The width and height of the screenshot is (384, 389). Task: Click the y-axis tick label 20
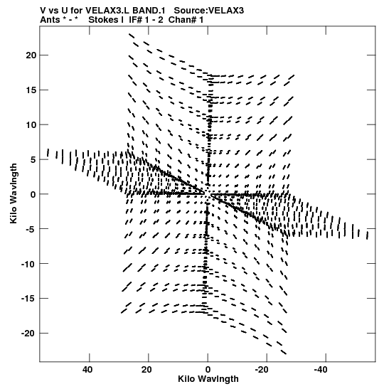tap(31, 55)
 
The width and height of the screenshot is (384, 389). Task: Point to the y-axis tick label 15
tap(31, 90)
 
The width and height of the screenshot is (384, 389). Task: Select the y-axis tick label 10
tap(31, 124)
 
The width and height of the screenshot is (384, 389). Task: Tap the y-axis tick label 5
tap(33, 159)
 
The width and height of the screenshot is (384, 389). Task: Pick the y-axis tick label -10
tap(28, 264)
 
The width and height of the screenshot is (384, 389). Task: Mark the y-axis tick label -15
tap(28, 299)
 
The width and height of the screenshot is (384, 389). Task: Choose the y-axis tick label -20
tap(28, 334)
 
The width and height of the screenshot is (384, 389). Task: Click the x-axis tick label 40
tap(87, 370)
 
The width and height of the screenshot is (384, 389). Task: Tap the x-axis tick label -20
tap(262, 370)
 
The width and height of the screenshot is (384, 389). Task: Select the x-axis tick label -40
tap(321, 370)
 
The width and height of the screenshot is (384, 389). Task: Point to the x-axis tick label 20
tap(146, 370)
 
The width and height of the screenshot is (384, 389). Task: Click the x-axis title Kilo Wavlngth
tap(208, 379)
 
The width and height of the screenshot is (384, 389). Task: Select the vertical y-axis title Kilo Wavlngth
tap(14, 193)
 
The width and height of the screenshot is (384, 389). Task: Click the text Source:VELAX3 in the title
tap(209, 11)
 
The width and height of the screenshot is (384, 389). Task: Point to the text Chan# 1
tap(186, 20)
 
